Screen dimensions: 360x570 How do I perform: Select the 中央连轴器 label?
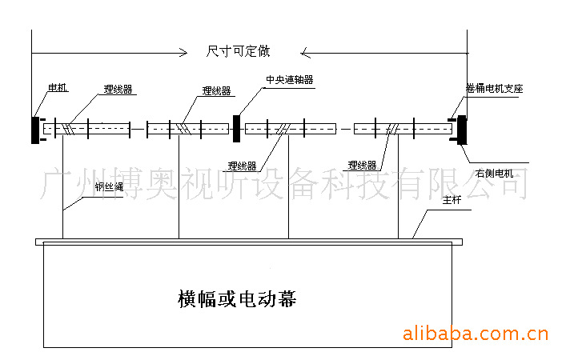point(289,80)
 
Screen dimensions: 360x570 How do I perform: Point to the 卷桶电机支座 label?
point(494,89)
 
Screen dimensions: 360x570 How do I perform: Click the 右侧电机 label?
point(494,172)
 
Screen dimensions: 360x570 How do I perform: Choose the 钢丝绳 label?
point(108,189)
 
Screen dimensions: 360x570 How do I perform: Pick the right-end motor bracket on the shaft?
point(461,129)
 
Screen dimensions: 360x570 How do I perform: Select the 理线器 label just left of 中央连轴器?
point(216,91)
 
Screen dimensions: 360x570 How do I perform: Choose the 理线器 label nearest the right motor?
point(362,166)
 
